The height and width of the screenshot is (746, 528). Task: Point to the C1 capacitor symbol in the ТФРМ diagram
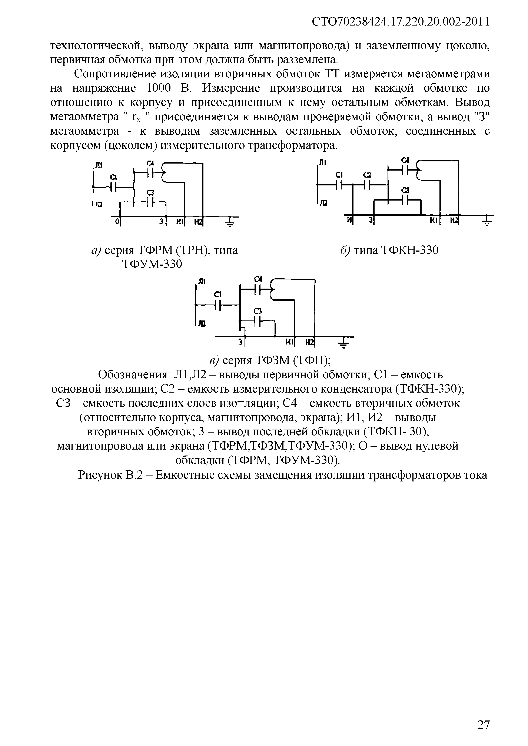click(x=113, y=187)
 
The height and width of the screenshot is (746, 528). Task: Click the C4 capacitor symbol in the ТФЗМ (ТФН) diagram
click(x=258, y=288)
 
